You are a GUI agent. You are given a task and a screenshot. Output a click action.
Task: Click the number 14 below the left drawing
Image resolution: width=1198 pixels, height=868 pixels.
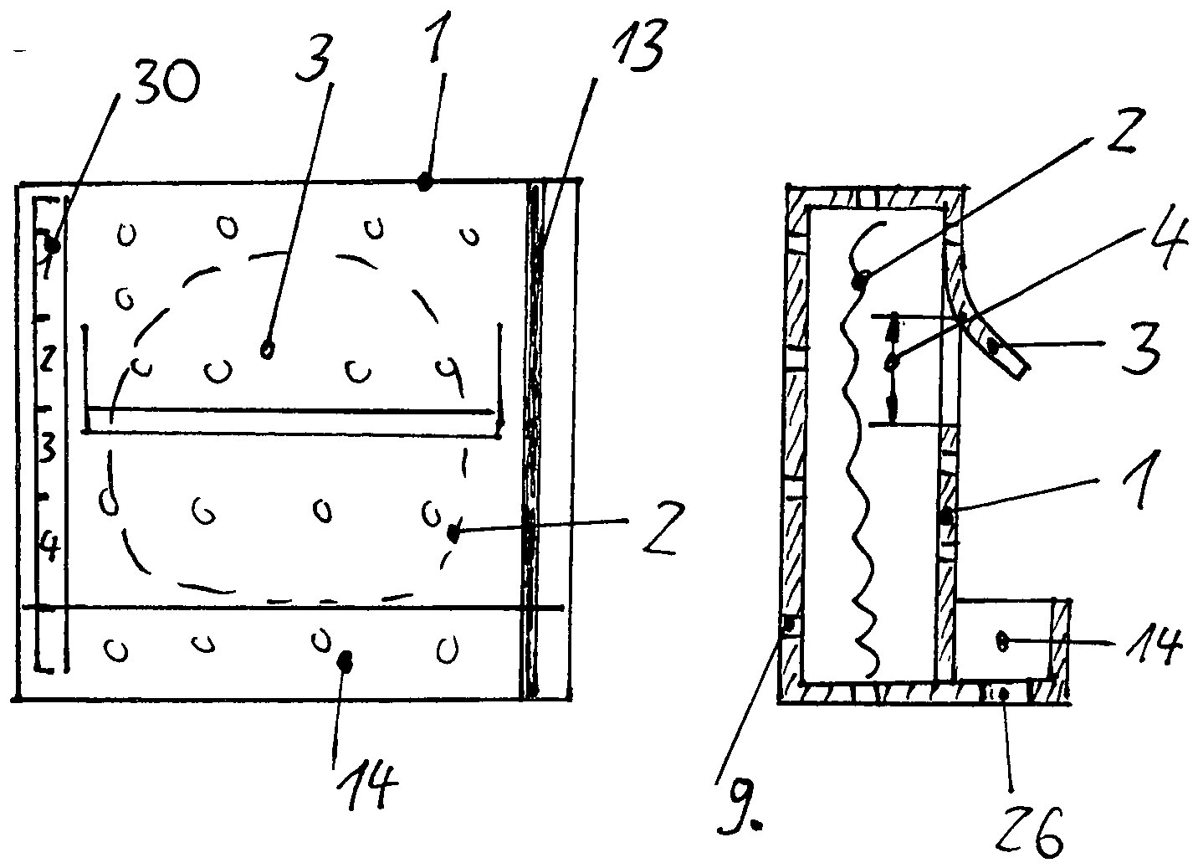coord(366,788)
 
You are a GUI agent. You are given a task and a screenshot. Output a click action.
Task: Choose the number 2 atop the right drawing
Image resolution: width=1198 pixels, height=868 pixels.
coord(1113,130)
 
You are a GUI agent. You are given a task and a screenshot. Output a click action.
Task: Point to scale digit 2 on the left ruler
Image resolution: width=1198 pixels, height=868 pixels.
coord(47,360)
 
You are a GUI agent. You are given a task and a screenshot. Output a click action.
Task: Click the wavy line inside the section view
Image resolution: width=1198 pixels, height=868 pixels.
coord(858,469)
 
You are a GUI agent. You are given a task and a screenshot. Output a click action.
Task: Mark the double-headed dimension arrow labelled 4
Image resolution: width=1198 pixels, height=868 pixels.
coord(893,368)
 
